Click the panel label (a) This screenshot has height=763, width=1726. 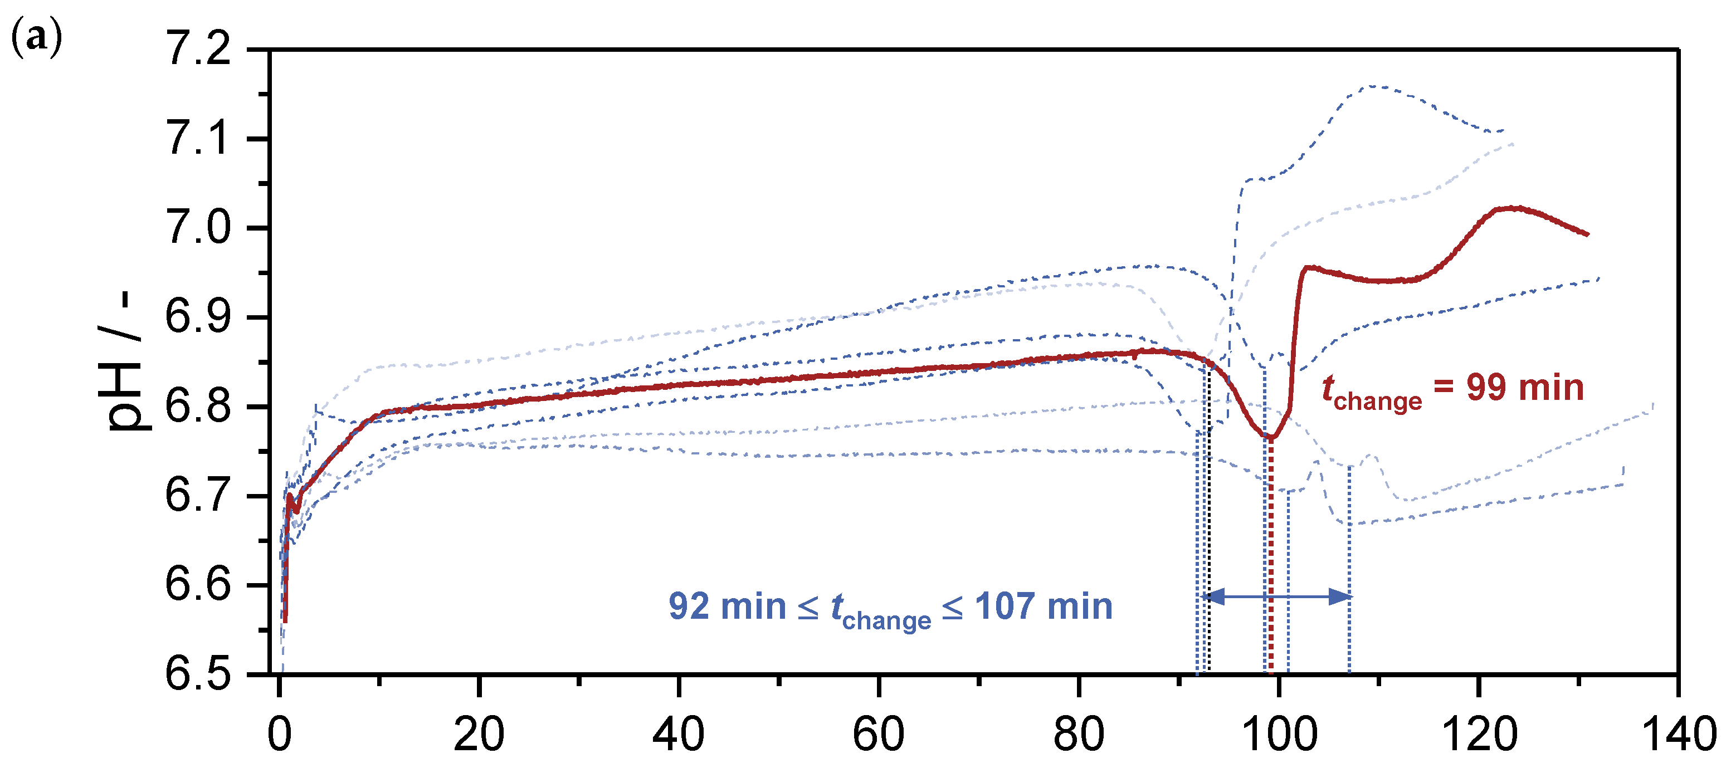point(36,38)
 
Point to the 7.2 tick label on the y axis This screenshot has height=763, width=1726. point(198,49)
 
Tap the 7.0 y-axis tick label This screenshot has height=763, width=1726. point(198,228)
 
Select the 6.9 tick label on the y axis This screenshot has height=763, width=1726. point(198,317)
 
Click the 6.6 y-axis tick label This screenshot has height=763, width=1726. point(198,584)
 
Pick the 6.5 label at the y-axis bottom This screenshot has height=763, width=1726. point(198,673)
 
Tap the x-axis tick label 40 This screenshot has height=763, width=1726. point(678,734)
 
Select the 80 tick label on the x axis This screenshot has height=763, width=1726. point(1078,734)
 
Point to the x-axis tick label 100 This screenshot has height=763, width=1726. point(1279,734)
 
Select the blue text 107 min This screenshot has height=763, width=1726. point(1044,607)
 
